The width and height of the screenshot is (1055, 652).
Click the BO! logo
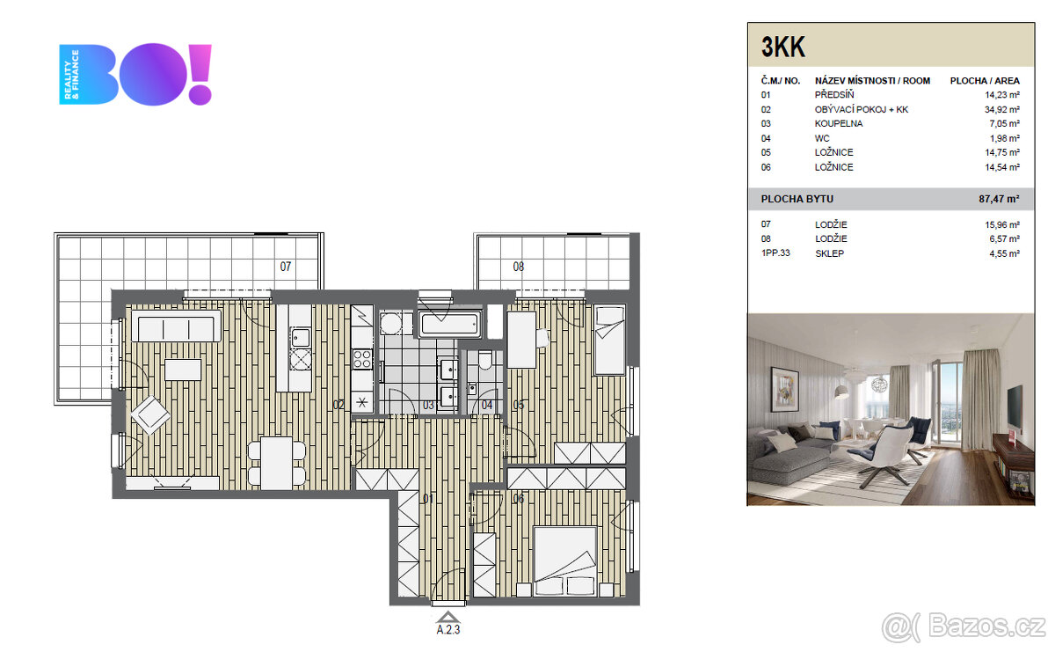click(136, 75)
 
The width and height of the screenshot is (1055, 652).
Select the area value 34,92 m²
click(1002, 109)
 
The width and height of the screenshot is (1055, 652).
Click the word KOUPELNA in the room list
click(838, 124)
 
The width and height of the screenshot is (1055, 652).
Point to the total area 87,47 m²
click(999, 199)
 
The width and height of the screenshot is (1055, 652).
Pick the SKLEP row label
click(829, 253)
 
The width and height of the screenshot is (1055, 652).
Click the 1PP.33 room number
click(778, 253)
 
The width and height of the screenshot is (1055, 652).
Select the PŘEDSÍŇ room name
click(834, 95)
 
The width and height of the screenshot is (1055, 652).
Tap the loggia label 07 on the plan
click(285, 266)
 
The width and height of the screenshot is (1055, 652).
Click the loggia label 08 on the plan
click(519, 266)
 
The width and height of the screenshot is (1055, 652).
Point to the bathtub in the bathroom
click(450, 324)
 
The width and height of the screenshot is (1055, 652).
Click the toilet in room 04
click(484, 361)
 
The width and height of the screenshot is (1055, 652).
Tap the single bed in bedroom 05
click(608, 339)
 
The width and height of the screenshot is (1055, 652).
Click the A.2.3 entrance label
click(448, 629)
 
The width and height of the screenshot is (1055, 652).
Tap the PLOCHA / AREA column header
click(985, 81)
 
